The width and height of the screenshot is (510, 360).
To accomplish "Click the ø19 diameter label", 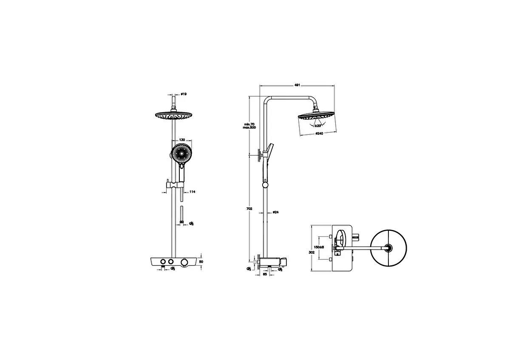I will click(184, 94).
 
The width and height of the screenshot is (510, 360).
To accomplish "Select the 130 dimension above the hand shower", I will click(181, 140).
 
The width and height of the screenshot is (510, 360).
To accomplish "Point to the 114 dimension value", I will click(192, 192).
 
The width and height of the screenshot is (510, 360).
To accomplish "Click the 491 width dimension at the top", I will click(297, 85).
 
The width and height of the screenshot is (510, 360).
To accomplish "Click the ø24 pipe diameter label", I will click(275, 212).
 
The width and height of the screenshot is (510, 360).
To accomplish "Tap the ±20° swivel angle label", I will click(317, 126).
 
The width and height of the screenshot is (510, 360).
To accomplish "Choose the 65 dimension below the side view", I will click(265, 275).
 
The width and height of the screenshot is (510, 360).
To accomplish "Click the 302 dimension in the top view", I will click(312, 252).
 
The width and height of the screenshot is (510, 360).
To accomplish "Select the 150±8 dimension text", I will click(319, 247).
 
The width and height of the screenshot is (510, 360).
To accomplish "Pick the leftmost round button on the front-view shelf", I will click(162, 262).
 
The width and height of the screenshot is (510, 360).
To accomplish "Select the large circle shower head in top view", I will click(388, 249).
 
